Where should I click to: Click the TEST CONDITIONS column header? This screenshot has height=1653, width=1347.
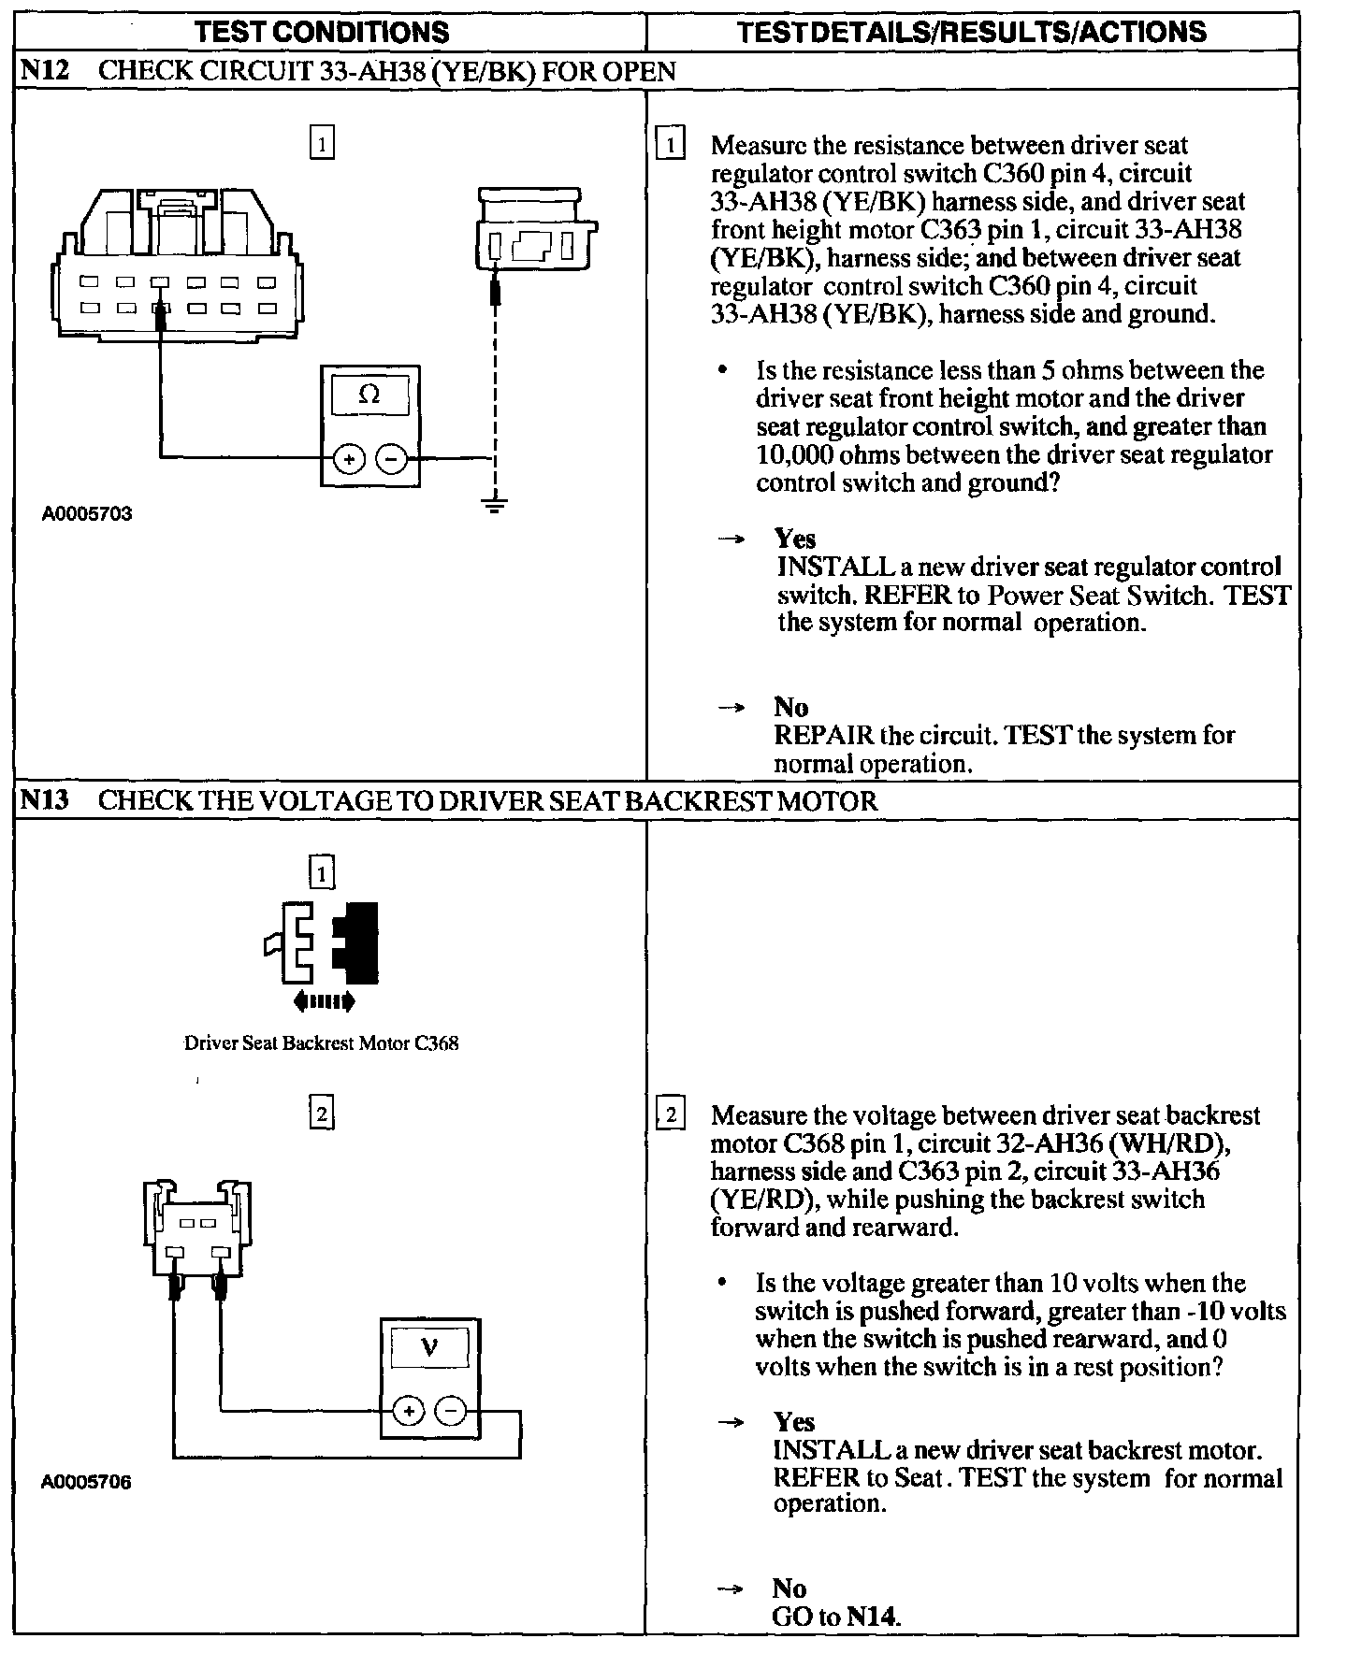tap(322, 33)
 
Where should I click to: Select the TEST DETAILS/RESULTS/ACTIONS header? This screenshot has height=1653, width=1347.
tap(971, 33)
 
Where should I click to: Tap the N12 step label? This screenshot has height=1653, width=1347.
tap(46, 71)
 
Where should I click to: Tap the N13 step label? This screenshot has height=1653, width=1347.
tap(46, 800)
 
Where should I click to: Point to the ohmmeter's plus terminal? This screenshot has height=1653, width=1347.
tap(349, 459)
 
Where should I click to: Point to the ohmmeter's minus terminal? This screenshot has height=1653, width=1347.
tap(391, 459)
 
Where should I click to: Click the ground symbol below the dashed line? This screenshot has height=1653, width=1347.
tap(495, 506)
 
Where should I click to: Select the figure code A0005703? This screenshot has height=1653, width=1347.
tap(87, 513)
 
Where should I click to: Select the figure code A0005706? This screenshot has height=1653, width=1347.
tap(87, 1482)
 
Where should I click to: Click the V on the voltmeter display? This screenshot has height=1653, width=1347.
tap(429, 1347)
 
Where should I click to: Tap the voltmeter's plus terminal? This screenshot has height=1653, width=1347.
tap(408, 1411)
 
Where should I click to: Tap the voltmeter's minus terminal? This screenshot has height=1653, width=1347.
tap(452, 1411)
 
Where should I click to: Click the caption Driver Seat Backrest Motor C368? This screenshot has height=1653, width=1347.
tap(321, 1043)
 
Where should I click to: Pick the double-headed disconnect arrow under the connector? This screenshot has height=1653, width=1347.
tap(324, 1002)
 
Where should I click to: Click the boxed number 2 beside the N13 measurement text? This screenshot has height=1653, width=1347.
tap(672, 1115)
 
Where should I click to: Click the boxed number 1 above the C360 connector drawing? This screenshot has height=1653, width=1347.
tap(321, 144)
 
